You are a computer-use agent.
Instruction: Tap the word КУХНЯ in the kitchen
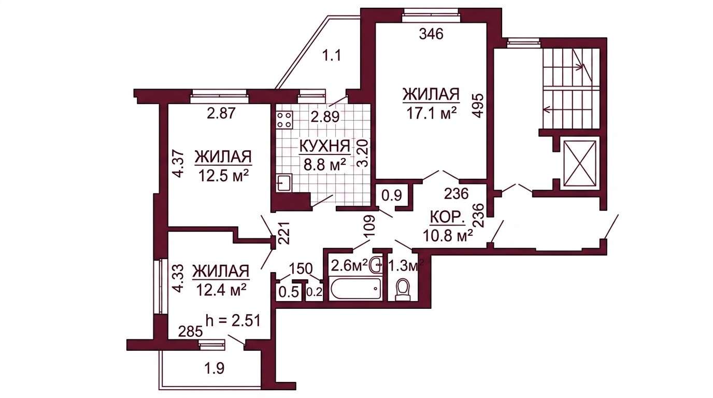pyautogui.click(x=325, y=147)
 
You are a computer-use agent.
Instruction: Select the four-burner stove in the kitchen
pyautogui.click(x=284, y=120)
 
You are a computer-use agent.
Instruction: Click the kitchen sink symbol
pyautogui.click(x=284, y=182)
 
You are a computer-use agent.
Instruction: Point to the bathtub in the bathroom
pyautogui.click(x=356, y=289)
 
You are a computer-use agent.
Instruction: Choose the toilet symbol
pyautogui.click(x=403, y=289)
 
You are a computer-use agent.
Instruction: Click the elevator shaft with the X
pyautogui.click(x=580, y=163)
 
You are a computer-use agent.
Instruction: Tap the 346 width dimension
pyautogui.click(x=431, y=34)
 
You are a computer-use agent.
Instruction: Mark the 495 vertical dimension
pyautogui.click(x=478, y=106)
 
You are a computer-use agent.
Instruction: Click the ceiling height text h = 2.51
pyautogui.click(x=233, y=321)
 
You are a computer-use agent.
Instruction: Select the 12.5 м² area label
pyautogui.click(x=223, y=176)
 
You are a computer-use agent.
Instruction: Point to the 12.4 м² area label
pyautogui.click(x=221, y=290)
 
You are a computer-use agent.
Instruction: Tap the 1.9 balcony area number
pyautogui.click(x=214, y=368)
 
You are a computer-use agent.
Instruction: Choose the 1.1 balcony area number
pyautogui.click(x=332, y=56)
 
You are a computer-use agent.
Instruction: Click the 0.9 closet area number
pyautogui.click(x=392, y=195)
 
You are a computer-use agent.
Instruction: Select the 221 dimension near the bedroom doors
pyautogui.click(x=284, y=233)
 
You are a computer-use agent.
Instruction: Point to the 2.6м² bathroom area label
pyautogui.click(x=350, y=265)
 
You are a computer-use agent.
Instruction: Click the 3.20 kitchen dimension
pyautogui.click(x=363, y=153)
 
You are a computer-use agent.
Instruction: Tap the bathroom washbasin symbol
pyautogui.click(x=377, y=264)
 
